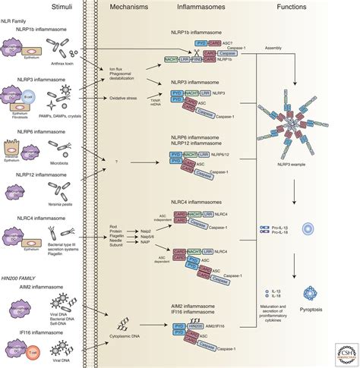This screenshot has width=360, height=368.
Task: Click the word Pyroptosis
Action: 313,310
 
